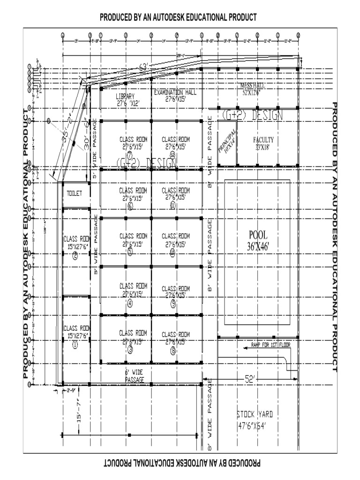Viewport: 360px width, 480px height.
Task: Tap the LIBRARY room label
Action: click(126, 100)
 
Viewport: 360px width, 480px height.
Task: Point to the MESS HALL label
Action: click(253, 89)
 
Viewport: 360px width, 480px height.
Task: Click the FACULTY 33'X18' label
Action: click(263, 143)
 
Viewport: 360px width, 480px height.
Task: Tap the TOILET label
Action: click(74, 193)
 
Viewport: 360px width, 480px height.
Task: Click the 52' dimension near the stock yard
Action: click(250, 379)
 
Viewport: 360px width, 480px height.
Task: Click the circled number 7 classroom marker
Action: click(130, 154)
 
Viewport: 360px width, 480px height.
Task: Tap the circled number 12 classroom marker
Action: click(172, 154)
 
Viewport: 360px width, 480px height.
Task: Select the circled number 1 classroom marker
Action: click(75, 345)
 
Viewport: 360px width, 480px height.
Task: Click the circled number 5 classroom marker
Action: click(130, 252)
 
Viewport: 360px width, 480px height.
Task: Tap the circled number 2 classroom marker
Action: click(75, 255)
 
